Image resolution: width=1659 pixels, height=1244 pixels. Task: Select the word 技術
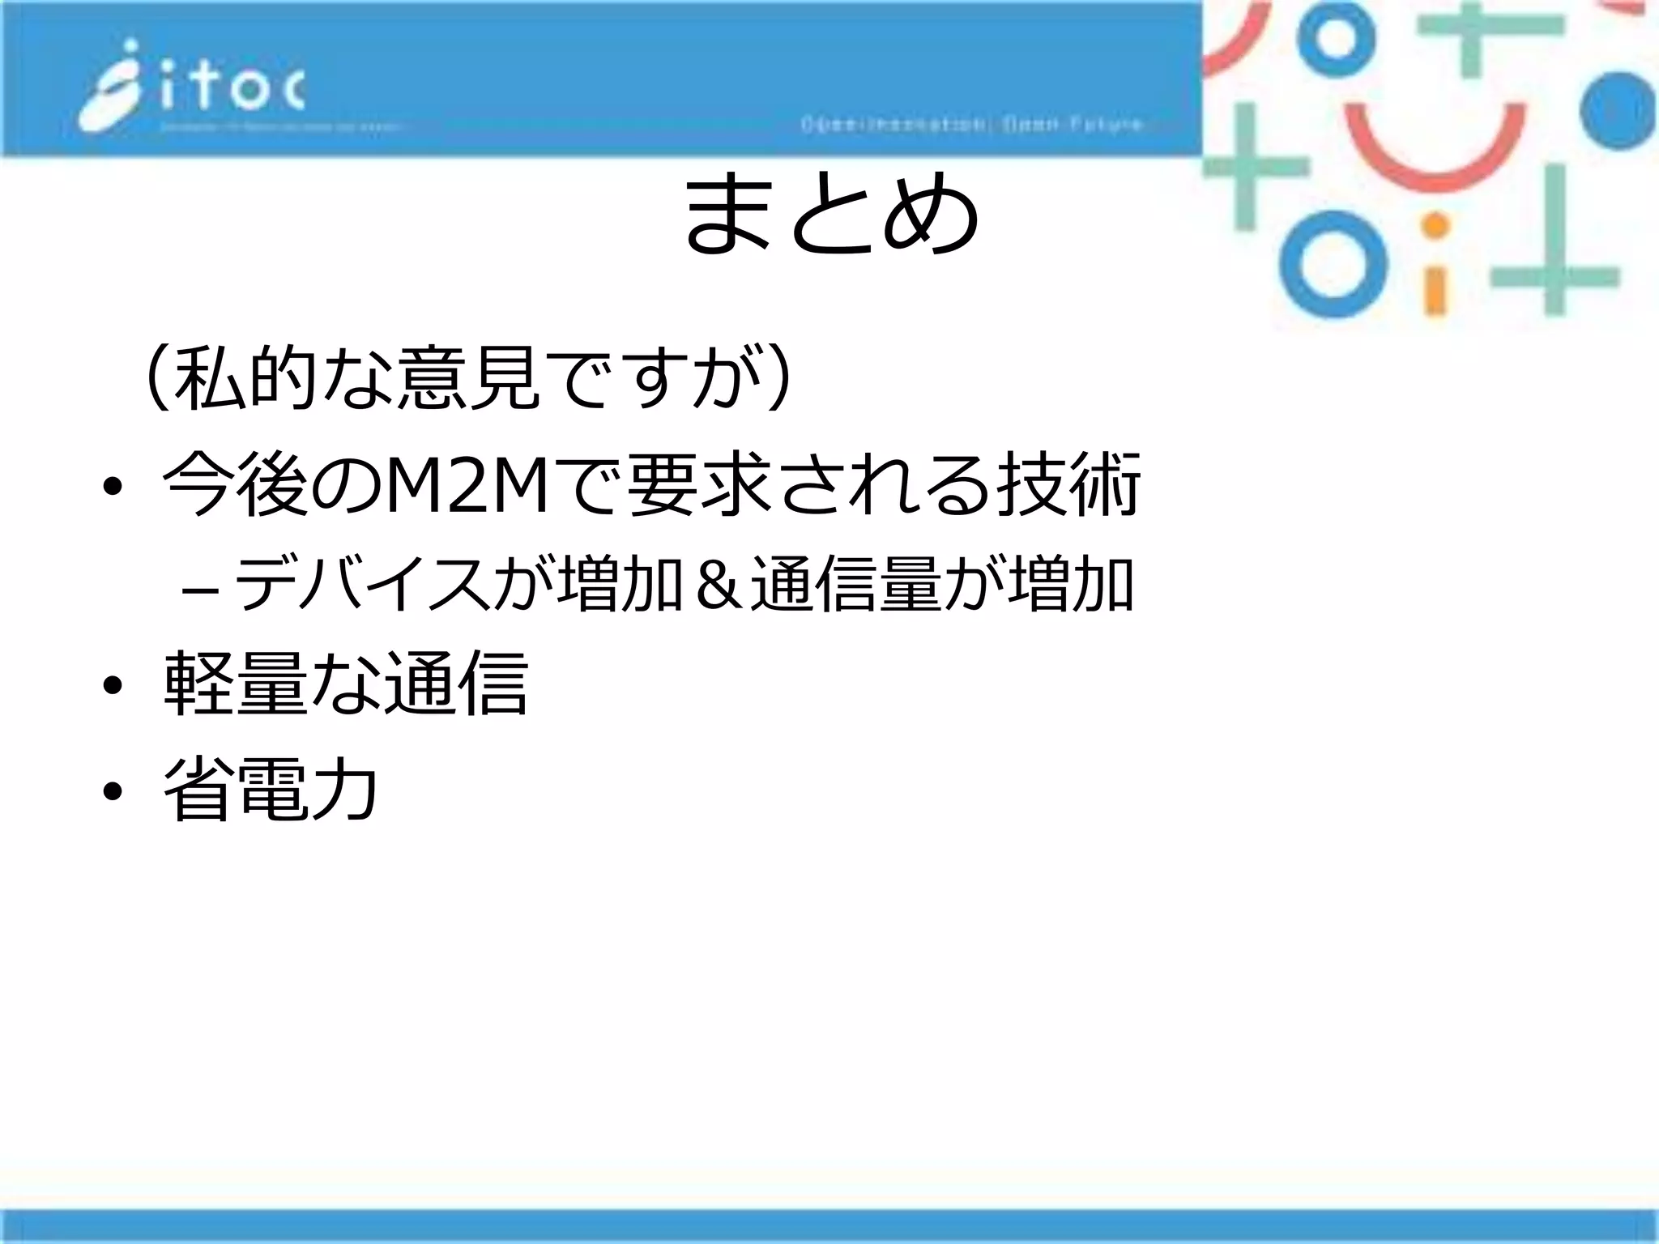tap(1069, 485)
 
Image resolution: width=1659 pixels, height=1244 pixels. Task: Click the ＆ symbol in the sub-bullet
tap(714, 586)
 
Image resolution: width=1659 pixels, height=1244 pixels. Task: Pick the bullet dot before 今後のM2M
tap(112, 488)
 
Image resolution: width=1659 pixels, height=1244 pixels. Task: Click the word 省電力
tap(271, 789)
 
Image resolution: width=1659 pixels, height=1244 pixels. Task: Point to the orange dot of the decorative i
tap(1435, 226)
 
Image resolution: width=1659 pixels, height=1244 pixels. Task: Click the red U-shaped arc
tap(1433, 147)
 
